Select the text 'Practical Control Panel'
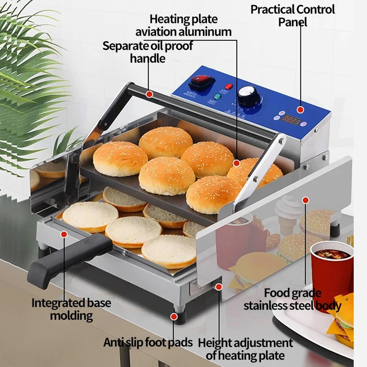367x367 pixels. tap(293, 15)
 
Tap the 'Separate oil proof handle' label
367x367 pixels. tap(147, 52)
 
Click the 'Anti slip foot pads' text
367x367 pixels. tap(148, 342)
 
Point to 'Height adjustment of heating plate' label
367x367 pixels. tap(245, 349)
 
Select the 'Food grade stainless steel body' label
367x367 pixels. tap(292, 299)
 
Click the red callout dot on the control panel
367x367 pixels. tap(300, 110)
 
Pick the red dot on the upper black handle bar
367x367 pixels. tap(149, 94)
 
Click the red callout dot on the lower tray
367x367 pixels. tap(64, 234)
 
